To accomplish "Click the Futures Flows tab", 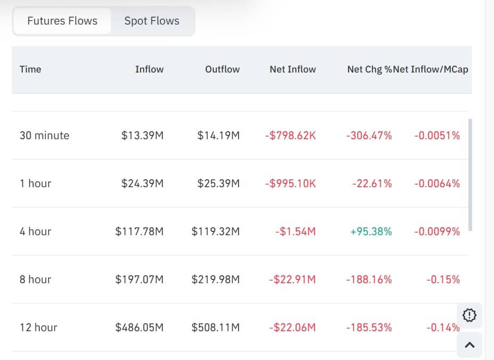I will coord(62,21).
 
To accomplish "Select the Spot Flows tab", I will coord(152,21).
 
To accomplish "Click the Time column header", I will coord(30,69).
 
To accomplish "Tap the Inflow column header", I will coord(149,69).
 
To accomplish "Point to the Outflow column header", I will coord(222,69).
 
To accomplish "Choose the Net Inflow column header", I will coord(293,69).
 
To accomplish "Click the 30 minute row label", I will coord(44,135).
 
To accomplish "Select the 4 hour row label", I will coord(36,231).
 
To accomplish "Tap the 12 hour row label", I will coord(38,327).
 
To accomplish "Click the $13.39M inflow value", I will coord(142,135).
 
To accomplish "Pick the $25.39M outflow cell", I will coord(218,183).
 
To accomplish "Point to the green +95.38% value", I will coord(371,231).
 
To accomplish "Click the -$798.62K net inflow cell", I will coord(290,135).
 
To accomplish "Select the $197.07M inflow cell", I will coord(140,279).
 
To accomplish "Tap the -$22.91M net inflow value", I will coord(292,279).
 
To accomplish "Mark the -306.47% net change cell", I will coord(369,135).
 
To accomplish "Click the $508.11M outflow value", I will coord(216,327).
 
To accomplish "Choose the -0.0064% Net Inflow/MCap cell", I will coord(437,183).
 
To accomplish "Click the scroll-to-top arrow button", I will coord(469,345).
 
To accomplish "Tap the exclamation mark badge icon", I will coord(469,316).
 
